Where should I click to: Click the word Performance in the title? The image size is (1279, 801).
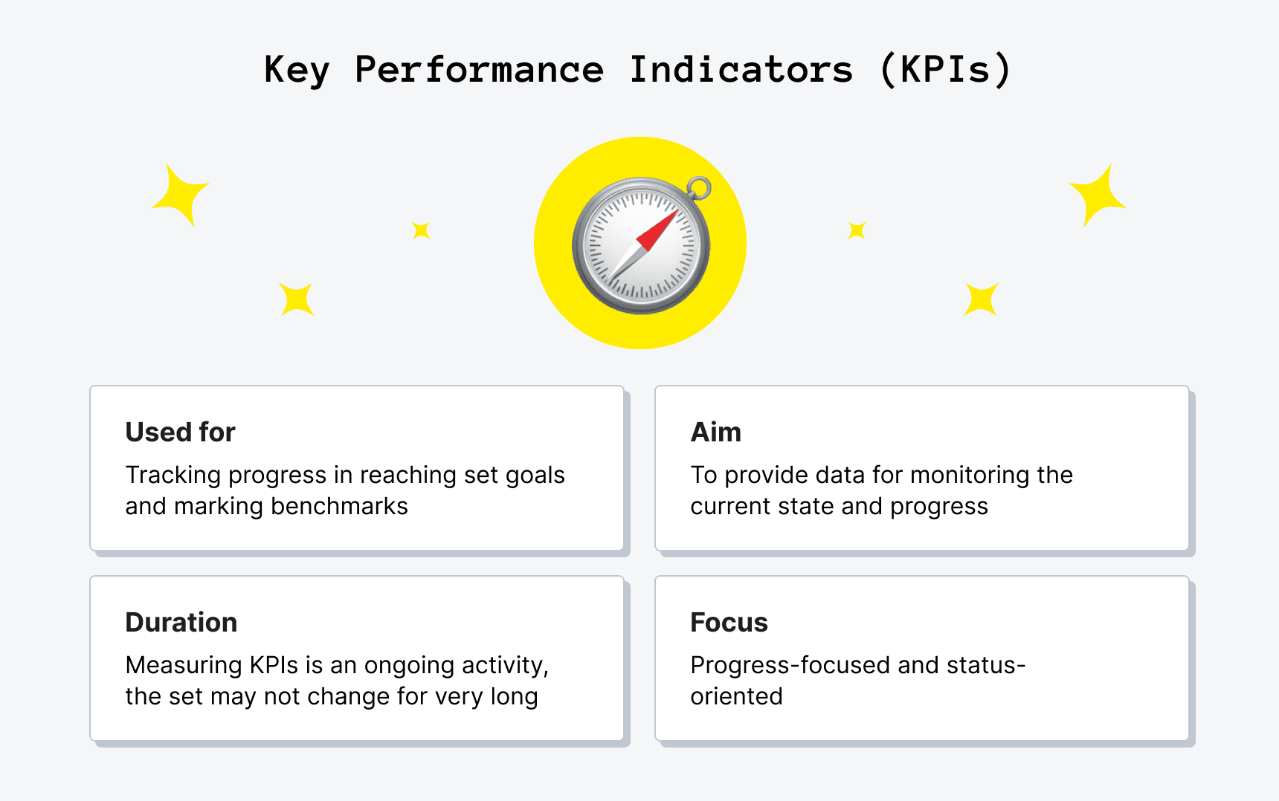pos(479,70)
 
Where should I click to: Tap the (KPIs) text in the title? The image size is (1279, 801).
pos(945,70)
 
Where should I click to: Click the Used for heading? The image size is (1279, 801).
pos(180,432)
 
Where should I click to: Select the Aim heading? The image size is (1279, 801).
pos(715,432)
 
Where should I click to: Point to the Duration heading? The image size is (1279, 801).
pos(181,622)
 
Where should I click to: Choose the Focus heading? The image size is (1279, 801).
pos(729,622)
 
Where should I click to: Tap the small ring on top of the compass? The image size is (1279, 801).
pos(698,187)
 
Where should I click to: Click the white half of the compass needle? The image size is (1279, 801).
pos(625,262)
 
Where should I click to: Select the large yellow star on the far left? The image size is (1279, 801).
pos(181,195)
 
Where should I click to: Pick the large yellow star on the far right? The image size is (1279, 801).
pos(1098,195)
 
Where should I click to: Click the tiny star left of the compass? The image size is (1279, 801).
pos(421,230)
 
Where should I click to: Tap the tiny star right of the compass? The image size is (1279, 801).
pos(857,230)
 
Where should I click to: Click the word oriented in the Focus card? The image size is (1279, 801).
pos(736,696)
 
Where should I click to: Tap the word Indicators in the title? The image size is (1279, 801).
pos(741,70)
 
